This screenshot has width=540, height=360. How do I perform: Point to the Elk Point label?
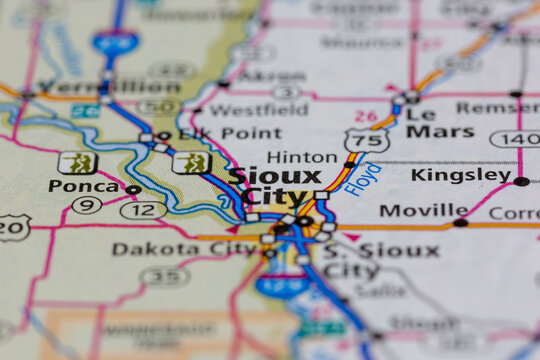[x=216, y=133]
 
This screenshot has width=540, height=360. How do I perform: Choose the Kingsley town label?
[x=460, y=175]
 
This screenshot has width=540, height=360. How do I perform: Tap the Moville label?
[x=423, y=211]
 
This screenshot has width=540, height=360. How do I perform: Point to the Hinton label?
[x=302, y=157]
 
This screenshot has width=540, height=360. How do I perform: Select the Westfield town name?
[x=244, y=109]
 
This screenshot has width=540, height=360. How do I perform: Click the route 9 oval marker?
[x=87, y=205]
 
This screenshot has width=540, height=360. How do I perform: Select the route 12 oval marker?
[x=143, y=210]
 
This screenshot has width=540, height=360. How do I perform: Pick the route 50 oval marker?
[x=160, y=106]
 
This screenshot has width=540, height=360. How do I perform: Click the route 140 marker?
[x=515, y=139]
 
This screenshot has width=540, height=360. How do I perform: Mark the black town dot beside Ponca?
[x=133, y=189]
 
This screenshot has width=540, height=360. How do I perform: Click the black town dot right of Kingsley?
[x=521, y=181]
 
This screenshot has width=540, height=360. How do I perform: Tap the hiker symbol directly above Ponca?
[x=77, y=162]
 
